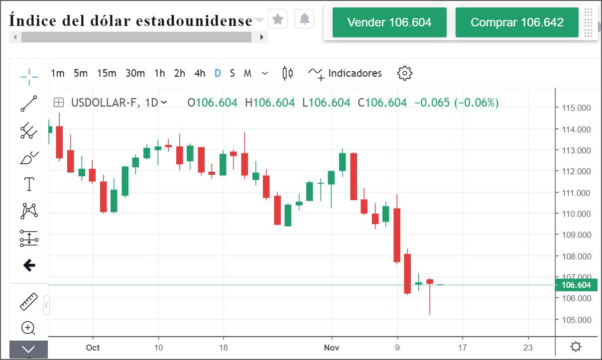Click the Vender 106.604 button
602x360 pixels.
389,22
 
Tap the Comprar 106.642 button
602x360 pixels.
517,22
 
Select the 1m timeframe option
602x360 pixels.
58,73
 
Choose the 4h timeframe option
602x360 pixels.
200,73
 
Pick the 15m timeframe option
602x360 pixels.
107,73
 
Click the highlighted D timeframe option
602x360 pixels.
218,73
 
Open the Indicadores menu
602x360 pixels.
345,74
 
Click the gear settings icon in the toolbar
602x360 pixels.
405,73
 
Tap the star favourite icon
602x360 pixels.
278,19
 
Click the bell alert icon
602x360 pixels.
305,19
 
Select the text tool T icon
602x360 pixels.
29,184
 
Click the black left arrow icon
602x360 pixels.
29,265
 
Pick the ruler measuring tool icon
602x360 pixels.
29,302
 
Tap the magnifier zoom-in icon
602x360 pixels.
28,328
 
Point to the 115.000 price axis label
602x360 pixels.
576,108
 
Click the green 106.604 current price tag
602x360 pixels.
576,285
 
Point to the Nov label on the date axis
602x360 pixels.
332,348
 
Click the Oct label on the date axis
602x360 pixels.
93,348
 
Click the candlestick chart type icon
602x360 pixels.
287,73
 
